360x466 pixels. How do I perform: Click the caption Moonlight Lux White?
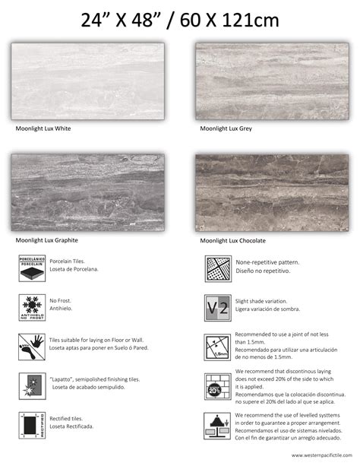[43, 129]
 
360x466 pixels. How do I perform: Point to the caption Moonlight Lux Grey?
[226, 129]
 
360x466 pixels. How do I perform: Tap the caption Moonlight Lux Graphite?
[47, 241]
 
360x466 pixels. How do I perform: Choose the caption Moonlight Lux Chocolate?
[233, 241]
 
